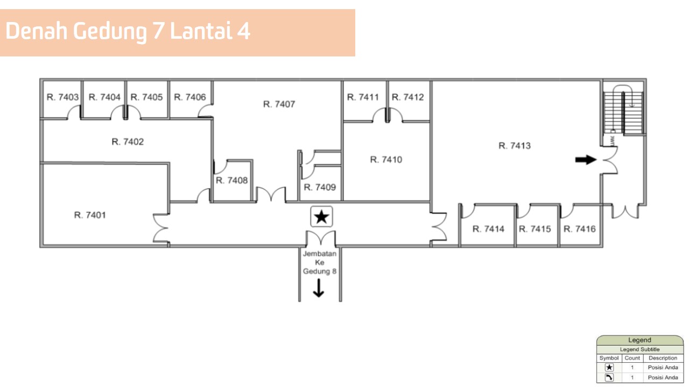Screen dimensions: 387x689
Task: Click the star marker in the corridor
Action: (x=322, y=217)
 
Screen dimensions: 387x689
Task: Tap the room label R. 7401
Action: (x=90, y=215)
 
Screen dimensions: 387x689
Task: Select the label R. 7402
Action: (x=128, y=142)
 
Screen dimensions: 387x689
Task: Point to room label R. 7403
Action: (x=63, y=97)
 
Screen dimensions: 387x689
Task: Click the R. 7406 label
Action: (x=189, y=97)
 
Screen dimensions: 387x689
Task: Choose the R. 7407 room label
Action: (x=279, y=104)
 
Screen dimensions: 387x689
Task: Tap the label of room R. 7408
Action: (x=232, y=180)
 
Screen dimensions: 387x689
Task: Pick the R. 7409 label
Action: (x=320, y=187)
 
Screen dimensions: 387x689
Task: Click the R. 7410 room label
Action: (x=386, y=160)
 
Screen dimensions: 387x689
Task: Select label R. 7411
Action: (x=363, y=97)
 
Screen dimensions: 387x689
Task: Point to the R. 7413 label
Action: (x=515, y=146)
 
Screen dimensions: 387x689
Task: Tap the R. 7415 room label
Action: (x=535, y=229)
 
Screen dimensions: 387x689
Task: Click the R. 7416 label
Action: (x=580, y=229)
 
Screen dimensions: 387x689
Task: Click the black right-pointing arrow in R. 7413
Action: (x=586, y=159)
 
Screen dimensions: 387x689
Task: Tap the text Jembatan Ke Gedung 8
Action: (x=320, y=262)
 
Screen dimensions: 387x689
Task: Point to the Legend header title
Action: (x=639, y=340)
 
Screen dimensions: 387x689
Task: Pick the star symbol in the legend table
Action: (x=609, y=368)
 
